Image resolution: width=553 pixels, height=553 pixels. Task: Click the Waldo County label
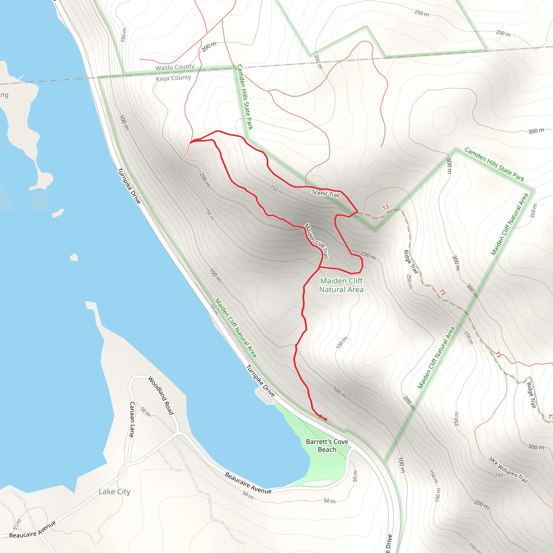point(175,67)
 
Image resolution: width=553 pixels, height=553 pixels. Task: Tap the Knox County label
point(173,78)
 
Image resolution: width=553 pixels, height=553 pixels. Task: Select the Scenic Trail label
point(325,194)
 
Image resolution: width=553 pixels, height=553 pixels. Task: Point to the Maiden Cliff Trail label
point(316,241)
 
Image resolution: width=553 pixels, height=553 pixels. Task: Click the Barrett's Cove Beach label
point(327,445)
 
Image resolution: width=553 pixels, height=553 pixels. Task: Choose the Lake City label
point(114,491)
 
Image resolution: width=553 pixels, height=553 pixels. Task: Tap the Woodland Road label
point(161,395)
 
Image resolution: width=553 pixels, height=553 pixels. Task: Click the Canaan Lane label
point(132,419)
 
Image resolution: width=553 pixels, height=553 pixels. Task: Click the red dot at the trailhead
point(325,419)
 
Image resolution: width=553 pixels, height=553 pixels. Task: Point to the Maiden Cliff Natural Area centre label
point(341,285)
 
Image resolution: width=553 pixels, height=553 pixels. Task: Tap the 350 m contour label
point(534,211)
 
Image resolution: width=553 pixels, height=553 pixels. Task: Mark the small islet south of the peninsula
point(58,213)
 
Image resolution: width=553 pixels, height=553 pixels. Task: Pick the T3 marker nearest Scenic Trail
point(386,207)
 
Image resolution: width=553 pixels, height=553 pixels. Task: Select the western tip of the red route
point(191,142)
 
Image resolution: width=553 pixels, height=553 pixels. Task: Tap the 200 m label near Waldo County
point(209,47)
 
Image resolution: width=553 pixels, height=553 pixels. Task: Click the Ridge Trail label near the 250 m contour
point(411,262)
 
